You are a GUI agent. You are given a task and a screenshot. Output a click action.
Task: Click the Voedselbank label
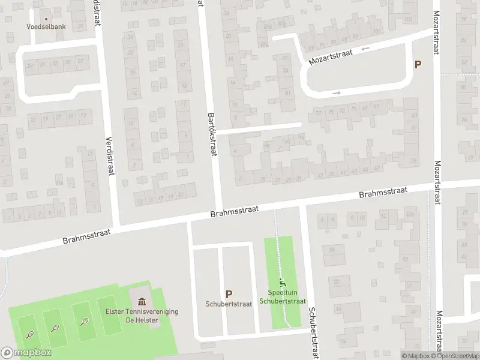[x=46, y=26]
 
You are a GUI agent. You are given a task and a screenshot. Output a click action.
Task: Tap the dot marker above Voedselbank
[x=46, y=19]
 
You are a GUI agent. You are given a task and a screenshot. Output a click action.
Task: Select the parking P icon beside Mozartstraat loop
[x=418, y=65]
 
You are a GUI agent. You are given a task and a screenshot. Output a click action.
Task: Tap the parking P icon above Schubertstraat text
[x=229, y=294]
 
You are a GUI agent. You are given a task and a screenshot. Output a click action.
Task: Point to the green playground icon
[x=282, y=282]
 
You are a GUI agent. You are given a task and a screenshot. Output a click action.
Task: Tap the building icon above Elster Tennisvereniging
[x=142, y=301]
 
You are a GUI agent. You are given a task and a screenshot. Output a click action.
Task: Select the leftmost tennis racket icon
[x=29, y=334]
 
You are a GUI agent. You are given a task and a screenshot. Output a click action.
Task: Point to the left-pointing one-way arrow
[x=365, y=49]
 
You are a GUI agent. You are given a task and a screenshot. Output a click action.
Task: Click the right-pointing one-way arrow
[x=337, y=93]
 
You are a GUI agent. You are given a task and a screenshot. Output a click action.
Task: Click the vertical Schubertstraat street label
[x=313, y=333]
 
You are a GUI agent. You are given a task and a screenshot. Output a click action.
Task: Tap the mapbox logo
[x=26, y=353]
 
